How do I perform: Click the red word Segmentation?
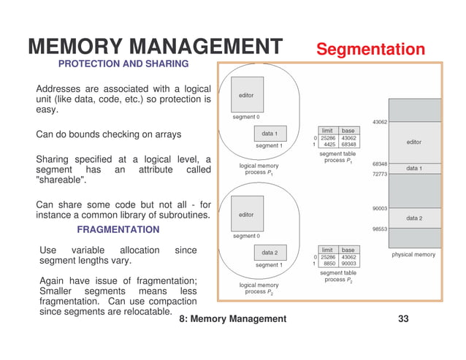(370, 50)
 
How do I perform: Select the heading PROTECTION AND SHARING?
(123, 64)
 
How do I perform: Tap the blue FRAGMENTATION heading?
(118, 229)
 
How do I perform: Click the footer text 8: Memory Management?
(233, 319)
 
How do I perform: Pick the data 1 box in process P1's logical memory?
(270, 134)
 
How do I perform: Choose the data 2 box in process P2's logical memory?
(270, 253)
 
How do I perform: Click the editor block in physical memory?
(413, 142)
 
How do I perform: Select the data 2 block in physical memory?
(413, 218)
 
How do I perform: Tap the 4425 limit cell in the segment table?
(329, 145)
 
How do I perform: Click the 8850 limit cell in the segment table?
(329, 264)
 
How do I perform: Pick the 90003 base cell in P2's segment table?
(348, 264)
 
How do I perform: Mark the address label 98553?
(380, 229)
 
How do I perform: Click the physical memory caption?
(413, 255)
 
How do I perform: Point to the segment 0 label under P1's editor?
(246, 117)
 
